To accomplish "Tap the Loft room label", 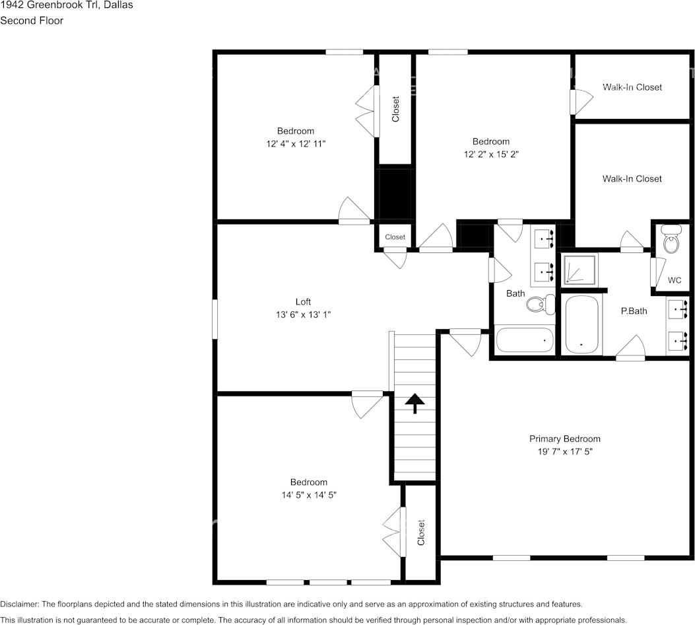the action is [x=303, y=302].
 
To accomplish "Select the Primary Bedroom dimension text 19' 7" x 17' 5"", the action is [x=565, y=451].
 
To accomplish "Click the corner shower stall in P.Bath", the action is [x=579, y=270].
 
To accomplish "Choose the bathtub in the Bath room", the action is [x=525, y=340].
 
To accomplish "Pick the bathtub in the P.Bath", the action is [x=581, y=324].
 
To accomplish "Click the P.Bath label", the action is [x=634, y=311].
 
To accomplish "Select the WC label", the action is [x=675, y=280].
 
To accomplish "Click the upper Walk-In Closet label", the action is [x=632, y=87].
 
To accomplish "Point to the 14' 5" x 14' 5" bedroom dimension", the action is [x=309, y=495].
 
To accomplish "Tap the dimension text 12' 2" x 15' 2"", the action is [x=491, y=154].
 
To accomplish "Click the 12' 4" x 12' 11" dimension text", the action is [x=296, y=144].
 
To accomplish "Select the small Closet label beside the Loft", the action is [x=395, y=237].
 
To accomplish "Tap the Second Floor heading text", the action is [x=32, y=20].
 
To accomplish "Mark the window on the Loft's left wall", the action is [x=215, y=319].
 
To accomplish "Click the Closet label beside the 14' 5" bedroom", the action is [x=421, y=533].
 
